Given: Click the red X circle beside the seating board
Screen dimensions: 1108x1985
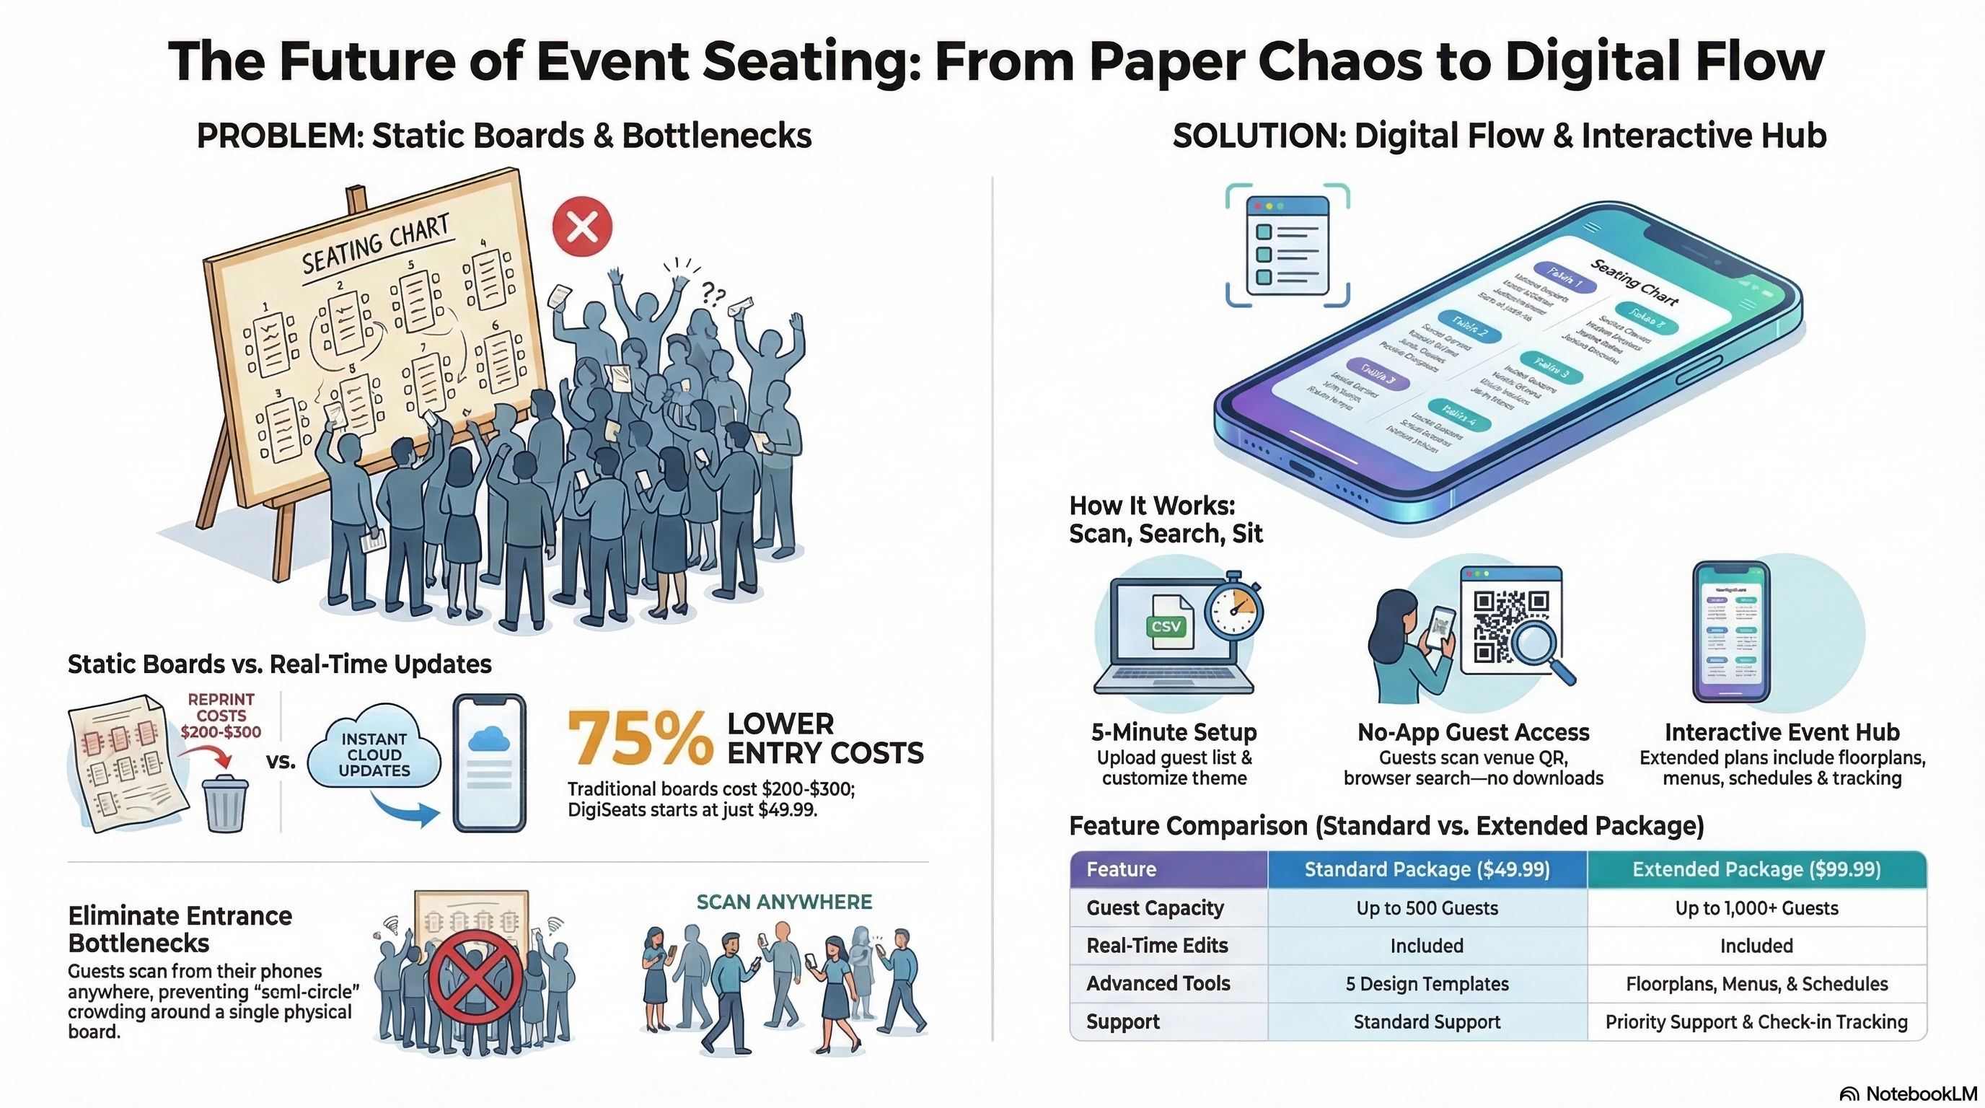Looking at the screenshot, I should (582, 227).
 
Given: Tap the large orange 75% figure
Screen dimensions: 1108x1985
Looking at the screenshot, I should (640, 739).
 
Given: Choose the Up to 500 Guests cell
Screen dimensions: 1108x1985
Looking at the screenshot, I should (1427, 907).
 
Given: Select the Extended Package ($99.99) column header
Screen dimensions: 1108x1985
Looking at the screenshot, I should (1756, 869).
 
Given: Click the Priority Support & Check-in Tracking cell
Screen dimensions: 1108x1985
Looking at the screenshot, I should (1756, 1021).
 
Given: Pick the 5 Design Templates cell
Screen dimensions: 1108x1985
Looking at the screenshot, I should (1427, 984).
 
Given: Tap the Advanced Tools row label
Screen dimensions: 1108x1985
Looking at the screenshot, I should (1158, 983).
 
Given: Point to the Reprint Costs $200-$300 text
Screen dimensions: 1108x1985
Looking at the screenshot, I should (221, 715).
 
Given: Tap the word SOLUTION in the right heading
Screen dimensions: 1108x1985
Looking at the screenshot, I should (1258, 136).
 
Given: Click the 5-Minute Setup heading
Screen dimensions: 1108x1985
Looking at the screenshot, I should (1174, 731).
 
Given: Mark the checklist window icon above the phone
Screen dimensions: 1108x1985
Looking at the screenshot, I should (1288, 245).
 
